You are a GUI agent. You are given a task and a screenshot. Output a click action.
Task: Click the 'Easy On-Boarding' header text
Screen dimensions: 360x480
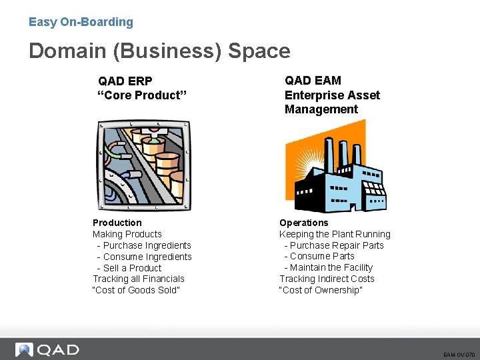(x=81, y=22)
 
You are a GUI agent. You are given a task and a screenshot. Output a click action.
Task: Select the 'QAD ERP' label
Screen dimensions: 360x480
(x=125, y=81)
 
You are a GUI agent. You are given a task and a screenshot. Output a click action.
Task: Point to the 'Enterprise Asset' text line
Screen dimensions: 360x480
(x=332, y=95)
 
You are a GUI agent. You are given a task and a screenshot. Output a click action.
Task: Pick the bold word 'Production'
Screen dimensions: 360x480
(x=117, y=223)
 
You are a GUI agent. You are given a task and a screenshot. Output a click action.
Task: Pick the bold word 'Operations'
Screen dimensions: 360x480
(x=304, y=223)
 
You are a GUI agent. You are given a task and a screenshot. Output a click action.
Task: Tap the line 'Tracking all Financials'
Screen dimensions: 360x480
(x=139, y=279)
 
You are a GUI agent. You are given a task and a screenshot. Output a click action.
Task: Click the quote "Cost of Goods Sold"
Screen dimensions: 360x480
(x=137, y=290)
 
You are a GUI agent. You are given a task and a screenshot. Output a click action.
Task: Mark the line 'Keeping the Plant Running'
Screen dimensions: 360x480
(x=335, y=234)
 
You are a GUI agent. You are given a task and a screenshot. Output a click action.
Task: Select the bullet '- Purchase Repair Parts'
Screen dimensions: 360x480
(x=334, y=245)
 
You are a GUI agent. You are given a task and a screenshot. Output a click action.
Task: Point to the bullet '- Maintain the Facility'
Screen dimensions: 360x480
(x=328, y=267)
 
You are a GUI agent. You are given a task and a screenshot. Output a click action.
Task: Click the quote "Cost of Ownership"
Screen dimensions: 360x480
(x=321, y=290)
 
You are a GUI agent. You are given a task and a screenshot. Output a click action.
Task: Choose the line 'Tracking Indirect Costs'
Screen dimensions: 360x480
(x=327, y=279)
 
